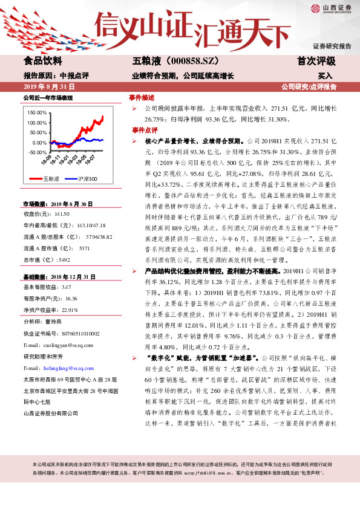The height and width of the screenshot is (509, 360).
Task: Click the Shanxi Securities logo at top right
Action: [331, 8]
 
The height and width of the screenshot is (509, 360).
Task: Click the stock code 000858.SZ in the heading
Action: [183, 61]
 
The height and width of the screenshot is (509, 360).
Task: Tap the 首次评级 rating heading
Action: [316, 61]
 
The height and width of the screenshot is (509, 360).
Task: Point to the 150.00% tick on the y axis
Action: [38, 113]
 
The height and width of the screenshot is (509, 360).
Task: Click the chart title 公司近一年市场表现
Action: [48, 97]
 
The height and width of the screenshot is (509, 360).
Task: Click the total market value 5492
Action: [63, 260]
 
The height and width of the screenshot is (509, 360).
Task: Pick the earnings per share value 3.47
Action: [67, 287]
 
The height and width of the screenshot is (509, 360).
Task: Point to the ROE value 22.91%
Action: [71, 310]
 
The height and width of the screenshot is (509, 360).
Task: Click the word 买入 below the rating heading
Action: [326, 76]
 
